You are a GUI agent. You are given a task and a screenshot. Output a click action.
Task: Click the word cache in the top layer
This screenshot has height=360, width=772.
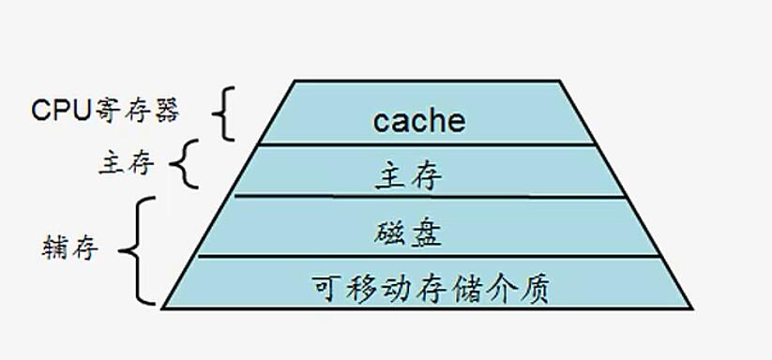click(419, 121)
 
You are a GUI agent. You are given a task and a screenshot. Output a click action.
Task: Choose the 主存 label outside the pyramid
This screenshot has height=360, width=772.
click(126, 165)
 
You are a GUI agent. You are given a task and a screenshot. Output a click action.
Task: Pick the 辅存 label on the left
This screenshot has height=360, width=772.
click(70, 249)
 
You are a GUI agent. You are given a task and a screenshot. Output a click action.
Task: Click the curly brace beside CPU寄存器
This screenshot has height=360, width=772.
click(221, 113)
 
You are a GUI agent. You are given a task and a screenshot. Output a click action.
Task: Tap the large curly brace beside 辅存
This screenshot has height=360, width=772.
click(143, 250)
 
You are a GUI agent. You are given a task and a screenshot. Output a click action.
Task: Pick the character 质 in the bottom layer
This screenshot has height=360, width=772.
click(535, 286)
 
